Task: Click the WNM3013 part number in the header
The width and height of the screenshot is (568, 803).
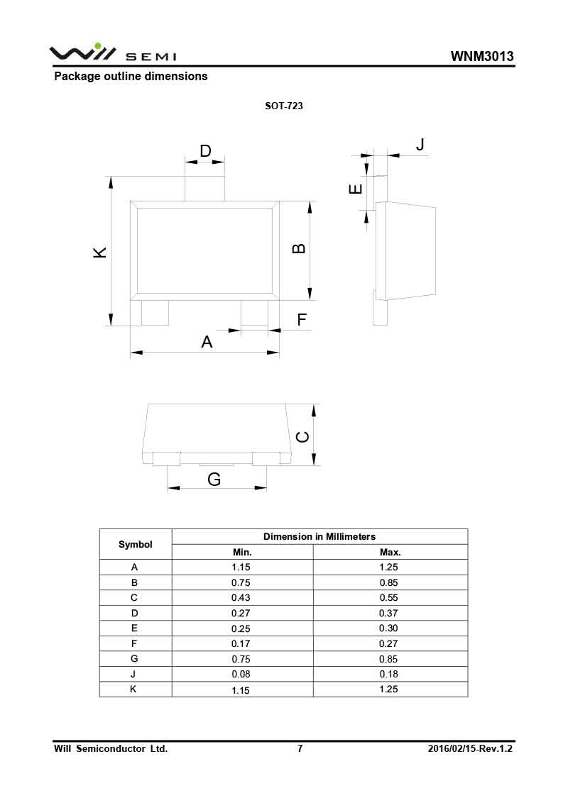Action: click(482, 57)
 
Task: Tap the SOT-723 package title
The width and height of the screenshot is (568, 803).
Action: click(284, 106)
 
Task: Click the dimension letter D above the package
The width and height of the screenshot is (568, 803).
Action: click(205, 151)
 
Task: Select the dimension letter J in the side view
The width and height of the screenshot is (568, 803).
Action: click(420, 145)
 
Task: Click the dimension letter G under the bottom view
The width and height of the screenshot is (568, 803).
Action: click(214, 480)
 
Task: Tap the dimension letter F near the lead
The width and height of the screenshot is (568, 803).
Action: click(302, 320)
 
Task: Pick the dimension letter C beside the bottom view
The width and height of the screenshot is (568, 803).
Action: click(302, 437)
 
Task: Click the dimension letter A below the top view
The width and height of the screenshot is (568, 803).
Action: click(207, 342)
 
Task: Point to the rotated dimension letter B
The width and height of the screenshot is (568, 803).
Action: click(300, 248)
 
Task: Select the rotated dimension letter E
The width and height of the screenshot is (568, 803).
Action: click(356, 189)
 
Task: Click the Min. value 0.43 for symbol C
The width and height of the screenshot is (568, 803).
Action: click(241, 598)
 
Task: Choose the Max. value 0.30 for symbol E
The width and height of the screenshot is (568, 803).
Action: click(389, 628)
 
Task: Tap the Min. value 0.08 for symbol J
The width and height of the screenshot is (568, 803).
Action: click(241, 675)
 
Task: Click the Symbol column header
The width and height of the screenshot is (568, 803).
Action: click(136, 545)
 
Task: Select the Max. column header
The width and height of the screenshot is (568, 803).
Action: click(390, 552)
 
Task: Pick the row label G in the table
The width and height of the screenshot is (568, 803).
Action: click(135, 659)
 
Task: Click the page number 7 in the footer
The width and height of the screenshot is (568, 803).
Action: click(300, 748)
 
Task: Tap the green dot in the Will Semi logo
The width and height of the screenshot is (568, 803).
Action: click(89, 46)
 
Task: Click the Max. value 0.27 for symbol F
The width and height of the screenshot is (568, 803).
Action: click(389, 644)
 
